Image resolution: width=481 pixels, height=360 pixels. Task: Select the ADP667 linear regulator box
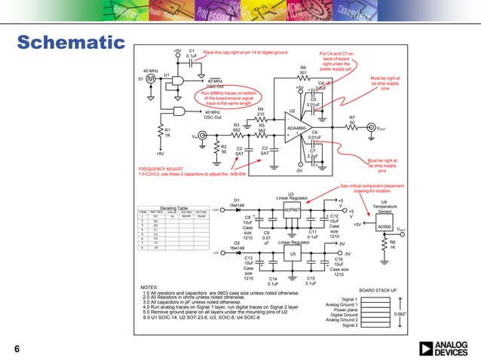pos(292,209)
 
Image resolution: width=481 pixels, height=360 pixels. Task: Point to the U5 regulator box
pos(292,254)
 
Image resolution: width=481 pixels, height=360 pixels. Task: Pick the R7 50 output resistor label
pos(351,120)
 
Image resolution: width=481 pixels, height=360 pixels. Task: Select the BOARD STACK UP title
pos(378,289)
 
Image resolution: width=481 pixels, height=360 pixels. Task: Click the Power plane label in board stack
pos(346,309)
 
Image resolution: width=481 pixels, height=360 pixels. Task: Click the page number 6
pos(16,348)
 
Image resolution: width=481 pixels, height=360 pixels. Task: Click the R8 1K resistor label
pos(392,245)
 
